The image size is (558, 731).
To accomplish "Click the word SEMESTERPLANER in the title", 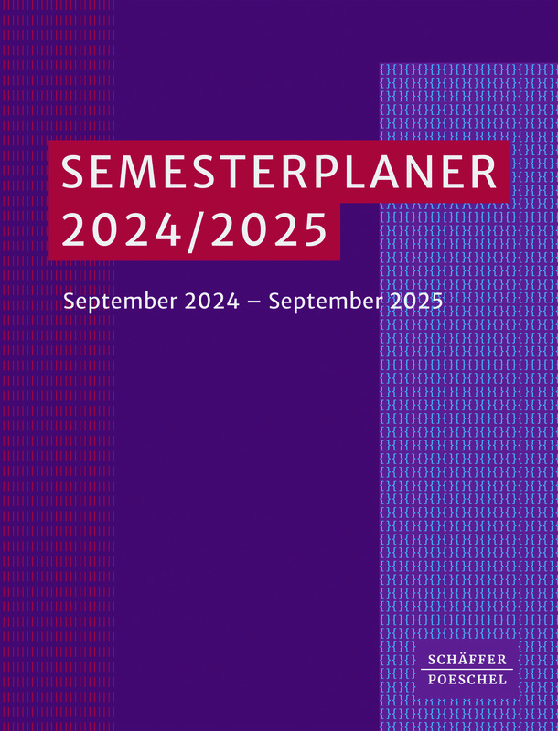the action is (x=279, y=172).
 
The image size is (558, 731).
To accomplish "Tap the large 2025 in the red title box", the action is (x=267, y=229).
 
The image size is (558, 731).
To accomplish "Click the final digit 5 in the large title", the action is (x=314, y=230).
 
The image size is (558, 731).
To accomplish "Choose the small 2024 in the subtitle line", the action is (x=212, y=302).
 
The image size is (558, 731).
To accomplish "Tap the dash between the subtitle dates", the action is (x=253, y=302).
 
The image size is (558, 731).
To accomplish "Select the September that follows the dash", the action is (x=326, y=302).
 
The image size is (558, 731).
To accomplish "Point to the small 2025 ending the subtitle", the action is (x=416, y=302).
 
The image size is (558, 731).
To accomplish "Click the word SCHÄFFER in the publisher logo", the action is (x=467, y=659).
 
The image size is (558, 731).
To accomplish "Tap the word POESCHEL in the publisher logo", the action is (x=467, y=679).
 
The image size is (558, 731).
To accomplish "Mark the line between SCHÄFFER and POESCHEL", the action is (x=467, y=670).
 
